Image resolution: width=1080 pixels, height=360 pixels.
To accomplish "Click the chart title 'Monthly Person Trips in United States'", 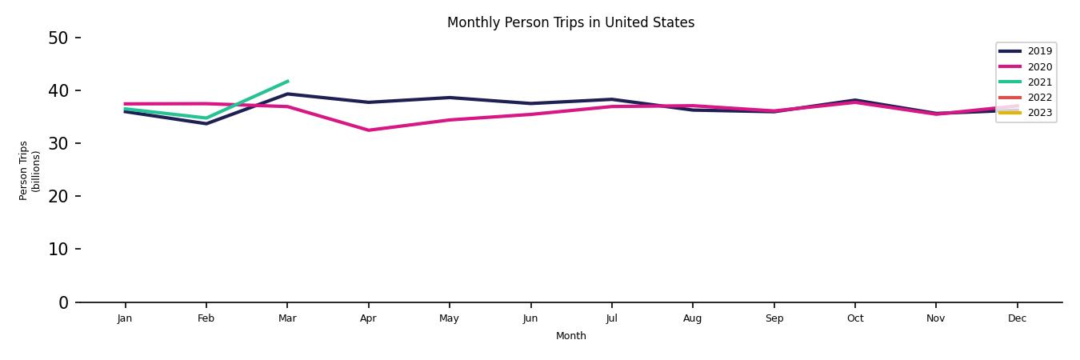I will click(570, 22).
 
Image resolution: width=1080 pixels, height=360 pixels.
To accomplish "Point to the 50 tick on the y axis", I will click(58, 38).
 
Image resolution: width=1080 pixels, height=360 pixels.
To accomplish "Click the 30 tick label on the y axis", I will click(58, 143).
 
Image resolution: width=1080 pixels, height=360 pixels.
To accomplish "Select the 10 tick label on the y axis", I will click(58, 249).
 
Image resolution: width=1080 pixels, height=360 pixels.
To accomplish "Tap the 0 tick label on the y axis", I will click(63, 302).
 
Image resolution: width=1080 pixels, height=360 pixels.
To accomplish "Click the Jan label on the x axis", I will click(125, 318).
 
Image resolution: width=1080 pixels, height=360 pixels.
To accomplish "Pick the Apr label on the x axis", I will click(368, 318).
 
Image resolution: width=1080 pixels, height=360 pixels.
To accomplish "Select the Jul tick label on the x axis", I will click(611, 318).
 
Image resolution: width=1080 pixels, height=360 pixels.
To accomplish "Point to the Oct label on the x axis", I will click(854, 318).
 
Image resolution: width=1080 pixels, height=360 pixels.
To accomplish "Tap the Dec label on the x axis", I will click(1017, 318).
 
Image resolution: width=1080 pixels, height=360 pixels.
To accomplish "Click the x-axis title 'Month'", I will click(570, 336).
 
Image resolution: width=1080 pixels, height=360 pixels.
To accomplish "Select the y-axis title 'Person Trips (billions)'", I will click(30, 170).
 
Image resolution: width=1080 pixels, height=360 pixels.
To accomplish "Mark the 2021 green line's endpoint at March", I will click(287, 81).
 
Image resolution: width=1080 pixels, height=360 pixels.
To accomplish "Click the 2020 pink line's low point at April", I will click(368, 130).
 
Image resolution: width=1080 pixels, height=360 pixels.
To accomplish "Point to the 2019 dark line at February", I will click(206, 123).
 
